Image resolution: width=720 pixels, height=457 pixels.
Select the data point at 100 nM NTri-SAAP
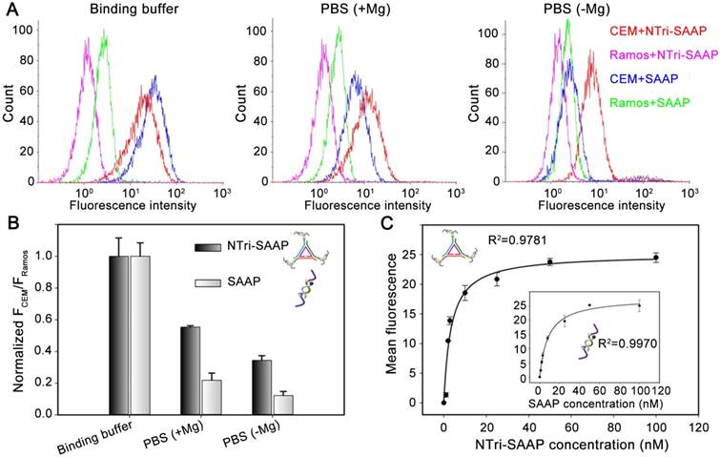[x=655, y=258]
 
